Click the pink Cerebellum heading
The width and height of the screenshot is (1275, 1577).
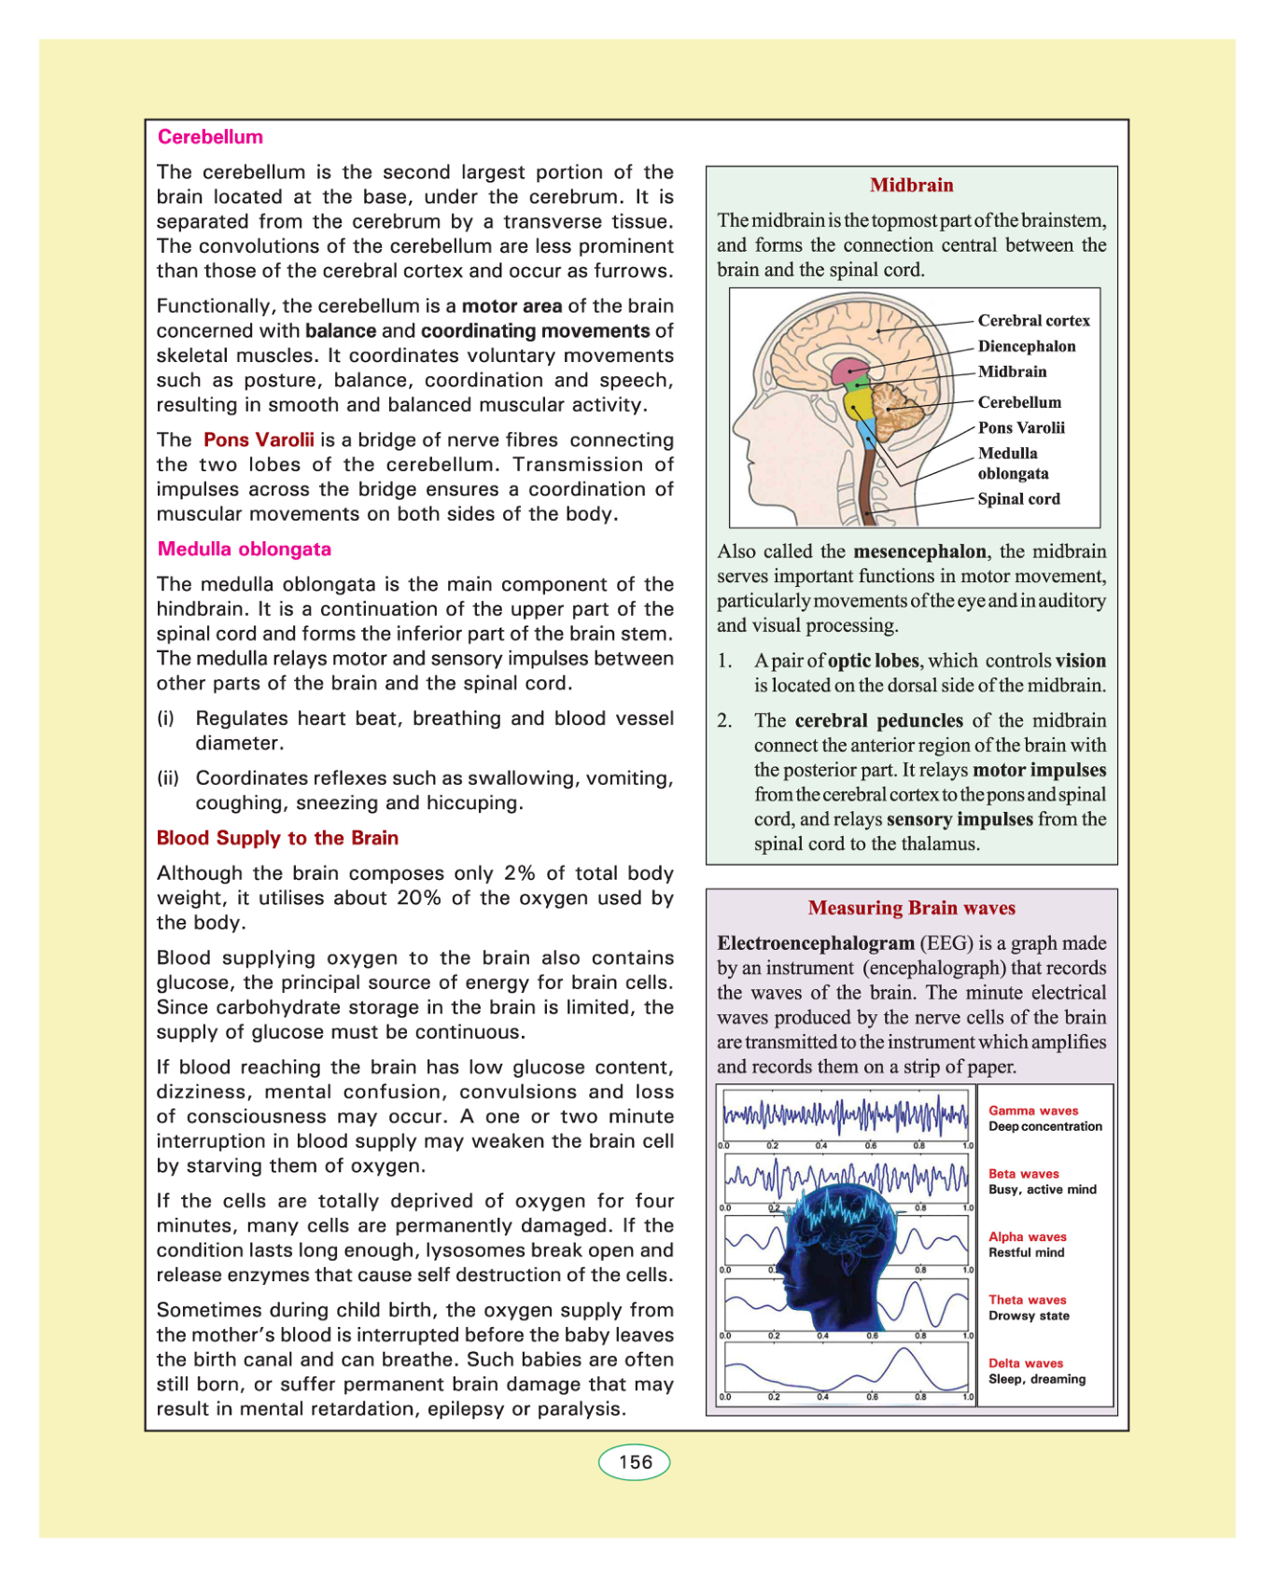click(x=210, y=137)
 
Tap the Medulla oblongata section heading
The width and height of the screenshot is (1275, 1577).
click(x=244, y=549)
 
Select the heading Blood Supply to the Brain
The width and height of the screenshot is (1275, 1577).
click(x=277, y=838)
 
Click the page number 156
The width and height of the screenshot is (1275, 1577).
click(x=635, y=1462)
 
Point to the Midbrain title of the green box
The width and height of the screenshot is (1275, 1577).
click(x=911, y=185)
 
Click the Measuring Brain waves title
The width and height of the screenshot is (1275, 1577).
click(x=911, y=908)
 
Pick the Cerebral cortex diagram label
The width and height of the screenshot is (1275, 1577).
click(x=1033, y=321)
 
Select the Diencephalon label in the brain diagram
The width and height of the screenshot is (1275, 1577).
click(x=1027, y=346)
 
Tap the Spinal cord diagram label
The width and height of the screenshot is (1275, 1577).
click(x=1018, y=499)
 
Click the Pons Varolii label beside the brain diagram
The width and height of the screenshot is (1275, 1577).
click(x=1021, y=428)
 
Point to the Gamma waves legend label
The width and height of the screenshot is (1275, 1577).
click(x=1033, y=1110)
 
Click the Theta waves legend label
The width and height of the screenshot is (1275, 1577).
click(x=1027, y=1300)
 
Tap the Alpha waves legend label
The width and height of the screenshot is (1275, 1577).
click(x=1027, y=1236)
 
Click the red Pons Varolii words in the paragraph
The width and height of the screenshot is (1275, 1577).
click(x=259, y=440)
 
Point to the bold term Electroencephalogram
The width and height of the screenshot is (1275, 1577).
click(x=816, y=943)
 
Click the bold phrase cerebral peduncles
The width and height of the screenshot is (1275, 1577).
click(x=878, y=720)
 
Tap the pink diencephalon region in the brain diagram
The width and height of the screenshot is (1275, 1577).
click(x=848, y=370)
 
